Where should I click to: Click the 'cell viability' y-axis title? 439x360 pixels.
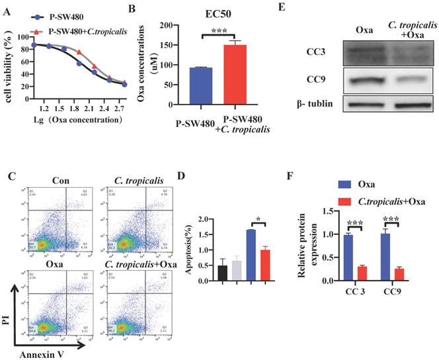[x=9, y=63]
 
